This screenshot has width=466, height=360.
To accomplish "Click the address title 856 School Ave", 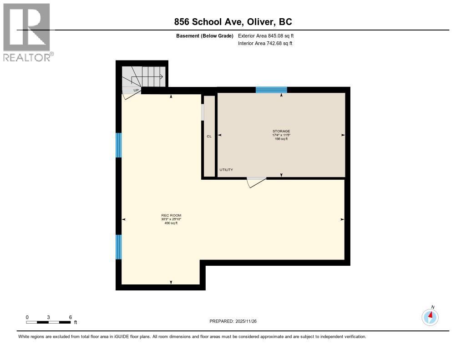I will pos(233,22).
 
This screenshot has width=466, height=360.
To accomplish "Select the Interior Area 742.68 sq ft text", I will pos(265,43).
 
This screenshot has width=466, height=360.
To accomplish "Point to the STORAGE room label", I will pos(281,131).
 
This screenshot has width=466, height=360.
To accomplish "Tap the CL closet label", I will pos(209,136).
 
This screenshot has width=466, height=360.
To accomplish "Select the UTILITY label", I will pos(226,170).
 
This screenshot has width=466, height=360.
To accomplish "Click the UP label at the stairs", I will pos(136,90).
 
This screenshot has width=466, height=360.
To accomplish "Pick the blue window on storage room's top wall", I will pos(271,90).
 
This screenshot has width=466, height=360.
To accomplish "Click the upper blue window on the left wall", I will pos(119,145).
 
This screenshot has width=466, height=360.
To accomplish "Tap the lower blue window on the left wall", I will pos(119,247).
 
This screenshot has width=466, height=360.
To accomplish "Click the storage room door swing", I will pos(256,182).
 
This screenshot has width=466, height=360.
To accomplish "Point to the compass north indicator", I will pos(431,316).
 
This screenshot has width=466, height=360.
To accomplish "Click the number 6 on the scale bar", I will pos(70,317).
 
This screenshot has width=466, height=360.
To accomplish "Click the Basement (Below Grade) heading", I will pos(205,35).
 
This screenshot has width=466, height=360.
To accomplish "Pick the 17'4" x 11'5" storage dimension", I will pos(281,135).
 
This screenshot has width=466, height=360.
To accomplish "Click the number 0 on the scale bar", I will pos(27,317).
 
